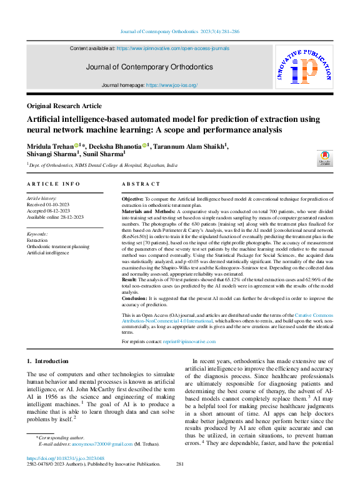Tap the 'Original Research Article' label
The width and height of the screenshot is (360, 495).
[64, 106]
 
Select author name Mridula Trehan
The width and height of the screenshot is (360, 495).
[51, 146]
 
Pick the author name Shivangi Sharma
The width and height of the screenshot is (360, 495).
[51, 152]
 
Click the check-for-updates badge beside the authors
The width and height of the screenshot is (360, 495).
[324, 157]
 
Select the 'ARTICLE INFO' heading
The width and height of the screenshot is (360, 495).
[54, 184]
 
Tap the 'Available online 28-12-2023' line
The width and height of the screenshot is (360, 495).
[56, 217]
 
